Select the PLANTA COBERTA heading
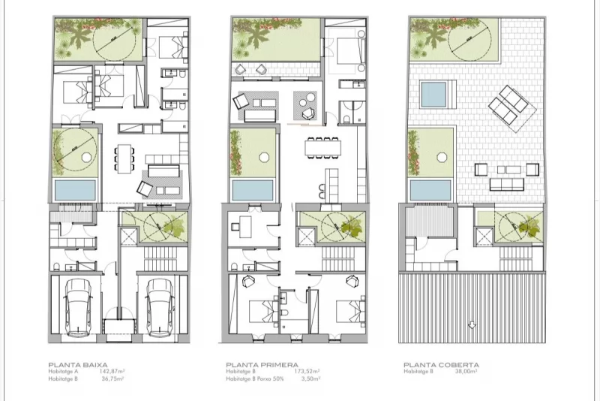point(433,363)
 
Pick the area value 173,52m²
point(306,371)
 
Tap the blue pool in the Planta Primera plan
point(253,188)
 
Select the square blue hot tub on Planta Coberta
point(433,95)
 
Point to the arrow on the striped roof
point(471,324)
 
